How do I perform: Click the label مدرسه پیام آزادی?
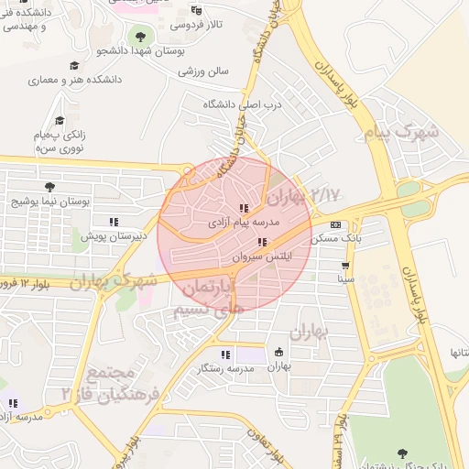244,223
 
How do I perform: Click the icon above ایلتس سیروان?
263,243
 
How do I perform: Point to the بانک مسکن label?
332,238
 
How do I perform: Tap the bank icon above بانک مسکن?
335,224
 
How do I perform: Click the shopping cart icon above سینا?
346,265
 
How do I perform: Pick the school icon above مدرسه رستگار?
225,354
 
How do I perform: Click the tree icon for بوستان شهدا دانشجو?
140,38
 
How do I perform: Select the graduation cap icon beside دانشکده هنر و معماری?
73,67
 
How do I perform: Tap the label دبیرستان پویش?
115,236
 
